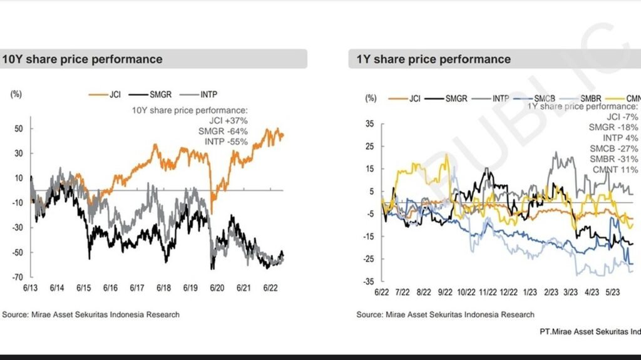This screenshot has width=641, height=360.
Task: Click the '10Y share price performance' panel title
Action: coord(82,59)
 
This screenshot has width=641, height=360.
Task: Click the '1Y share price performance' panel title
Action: coord(433,59)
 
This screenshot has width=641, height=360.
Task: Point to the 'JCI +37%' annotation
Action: coord(228,120)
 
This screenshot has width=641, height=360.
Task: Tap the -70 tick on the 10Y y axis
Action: coord(19,277)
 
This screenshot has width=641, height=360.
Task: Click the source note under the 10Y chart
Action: coord(91,314)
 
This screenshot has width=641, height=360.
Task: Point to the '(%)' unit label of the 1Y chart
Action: coord(371,98)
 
